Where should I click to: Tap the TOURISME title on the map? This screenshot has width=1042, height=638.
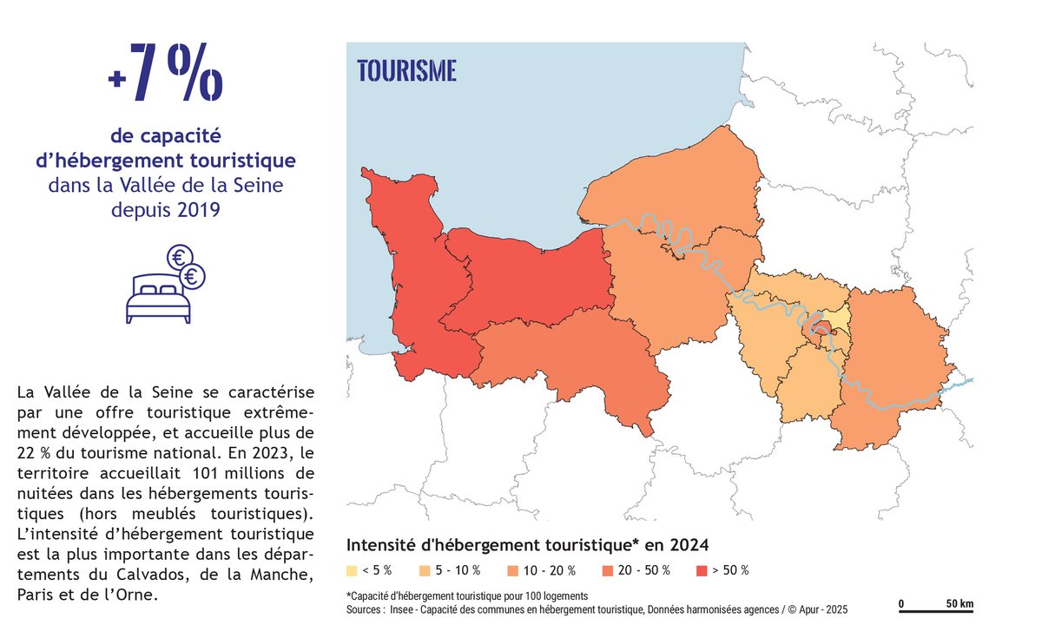[406, 71]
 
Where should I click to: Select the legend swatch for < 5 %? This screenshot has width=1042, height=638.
[352, 571]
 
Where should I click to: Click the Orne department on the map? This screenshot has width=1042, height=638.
[564, 360]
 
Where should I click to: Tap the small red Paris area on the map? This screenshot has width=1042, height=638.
[820, 327]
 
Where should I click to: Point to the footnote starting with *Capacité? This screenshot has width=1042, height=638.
[467, 596]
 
